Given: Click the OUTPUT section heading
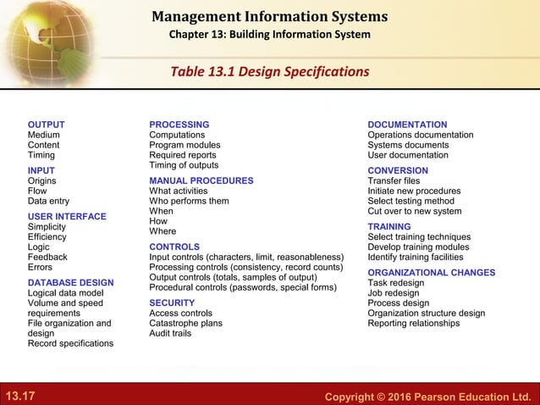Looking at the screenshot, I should (46, 125).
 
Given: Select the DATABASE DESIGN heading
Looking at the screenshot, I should (70, 282).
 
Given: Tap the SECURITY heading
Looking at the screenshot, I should (172, 302).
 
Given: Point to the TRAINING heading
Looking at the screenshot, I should (389, 227).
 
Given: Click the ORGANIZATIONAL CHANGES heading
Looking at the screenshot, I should (432, 273).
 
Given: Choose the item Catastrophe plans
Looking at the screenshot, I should (185, 323).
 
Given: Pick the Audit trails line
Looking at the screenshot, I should (170, 333).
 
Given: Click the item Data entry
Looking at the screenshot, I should (48, 201).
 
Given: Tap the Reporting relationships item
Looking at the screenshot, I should (414, 323).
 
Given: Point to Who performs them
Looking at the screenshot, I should (189, 201).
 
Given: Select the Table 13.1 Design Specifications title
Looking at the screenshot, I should (270, 70).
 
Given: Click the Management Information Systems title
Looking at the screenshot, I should (269, 16).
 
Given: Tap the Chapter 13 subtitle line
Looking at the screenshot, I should (269, 35).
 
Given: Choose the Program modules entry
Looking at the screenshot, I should (185, 145).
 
